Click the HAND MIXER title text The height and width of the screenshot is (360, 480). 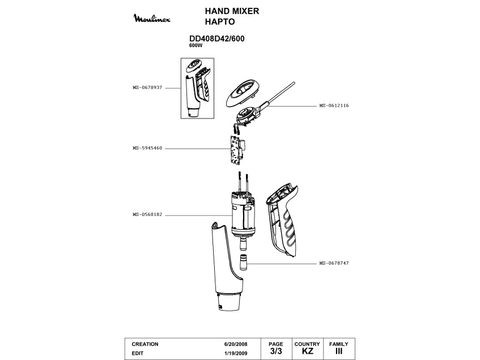click(232, 11)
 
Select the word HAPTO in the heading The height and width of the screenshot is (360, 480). click(219, 23)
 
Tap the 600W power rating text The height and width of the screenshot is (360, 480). click(196, 45)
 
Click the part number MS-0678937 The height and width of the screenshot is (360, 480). click(147, 88)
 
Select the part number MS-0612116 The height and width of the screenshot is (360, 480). click(334, 105)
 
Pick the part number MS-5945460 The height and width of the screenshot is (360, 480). click(147, 148)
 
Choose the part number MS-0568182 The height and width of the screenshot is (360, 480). click(147, 215)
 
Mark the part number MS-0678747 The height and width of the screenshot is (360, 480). click(334, 263)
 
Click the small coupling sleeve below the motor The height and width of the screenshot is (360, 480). click(244, 264)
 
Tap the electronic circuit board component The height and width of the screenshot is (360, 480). click(236, 150)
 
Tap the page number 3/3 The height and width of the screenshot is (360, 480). click(276, 351)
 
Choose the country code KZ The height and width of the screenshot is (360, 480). click(307, 352)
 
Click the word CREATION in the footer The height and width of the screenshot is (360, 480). click(145, 344)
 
